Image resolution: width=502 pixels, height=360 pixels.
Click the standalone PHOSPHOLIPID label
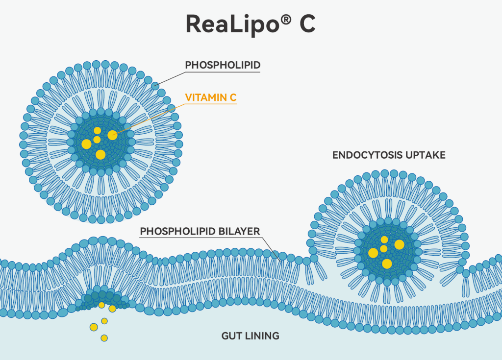point(222,65)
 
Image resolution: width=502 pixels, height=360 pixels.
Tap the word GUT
point(230,336)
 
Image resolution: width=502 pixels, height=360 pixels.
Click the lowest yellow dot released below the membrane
point(104,338)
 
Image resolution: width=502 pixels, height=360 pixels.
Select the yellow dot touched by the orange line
point(112,135)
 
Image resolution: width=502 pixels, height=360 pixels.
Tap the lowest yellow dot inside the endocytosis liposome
point(387,264)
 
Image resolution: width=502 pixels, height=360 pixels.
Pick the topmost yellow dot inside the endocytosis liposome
point(384,240)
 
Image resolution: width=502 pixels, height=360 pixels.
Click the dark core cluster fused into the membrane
point(102,297)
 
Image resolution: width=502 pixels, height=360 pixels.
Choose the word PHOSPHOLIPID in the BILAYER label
point(172,231)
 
